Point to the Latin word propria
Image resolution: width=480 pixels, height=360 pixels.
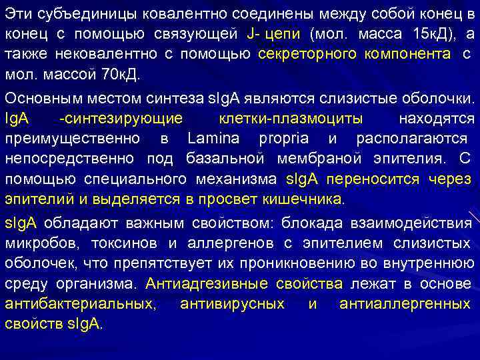click(285, 139)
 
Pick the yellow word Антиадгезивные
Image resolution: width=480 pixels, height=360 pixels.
click(197, 284)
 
